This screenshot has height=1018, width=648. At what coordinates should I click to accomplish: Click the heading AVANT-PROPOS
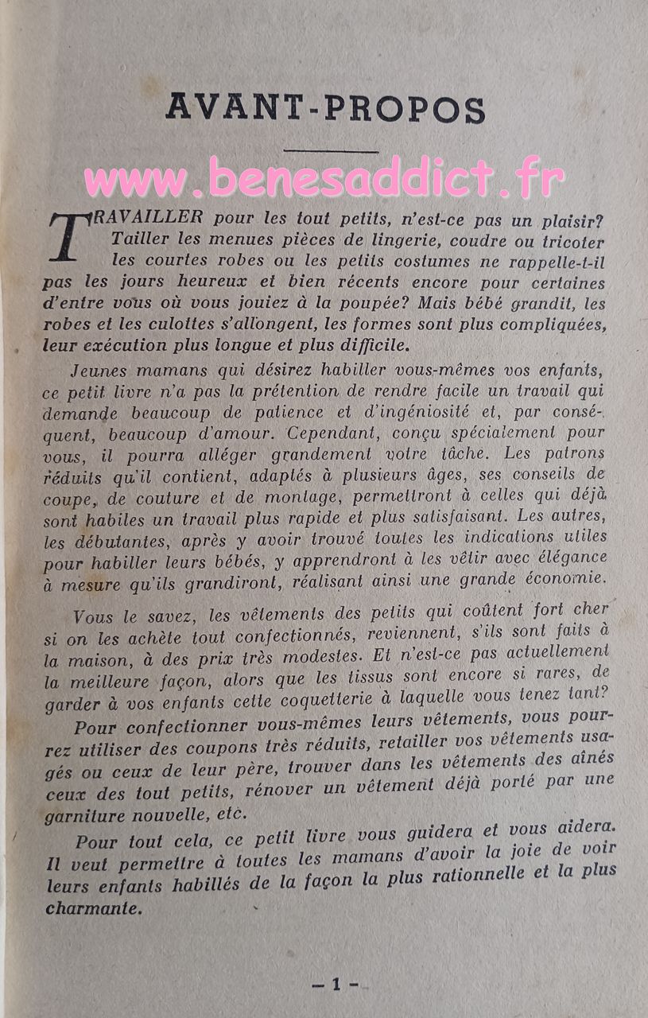click(x=325, y=106)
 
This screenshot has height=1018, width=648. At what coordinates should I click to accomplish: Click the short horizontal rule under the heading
click(x=332, y=150)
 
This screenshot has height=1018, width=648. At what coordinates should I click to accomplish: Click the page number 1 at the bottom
click(x=335, y=984)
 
